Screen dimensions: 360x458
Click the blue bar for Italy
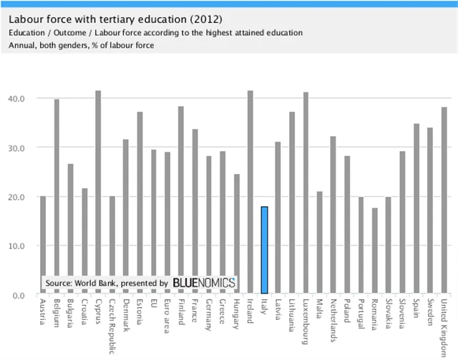(264, 250)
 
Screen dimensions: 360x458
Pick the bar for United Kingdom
(443, 200)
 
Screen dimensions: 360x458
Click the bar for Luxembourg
(306, 193)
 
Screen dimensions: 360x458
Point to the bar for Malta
(319, 243)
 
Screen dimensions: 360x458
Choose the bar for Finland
(181, 200)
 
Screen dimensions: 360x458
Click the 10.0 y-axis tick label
(16, 245)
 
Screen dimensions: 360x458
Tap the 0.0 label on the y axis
(19, 295)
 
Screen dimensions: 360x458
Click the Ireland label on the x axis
(250, 312)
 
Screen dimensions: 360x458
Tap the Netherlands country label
(333, 319)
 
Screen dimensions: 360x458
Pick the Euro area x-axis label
(167, 315)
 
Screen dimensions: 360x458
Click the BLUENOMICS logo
(204, 283)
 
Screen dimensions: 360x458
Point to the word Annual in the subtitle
(22, 46)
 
